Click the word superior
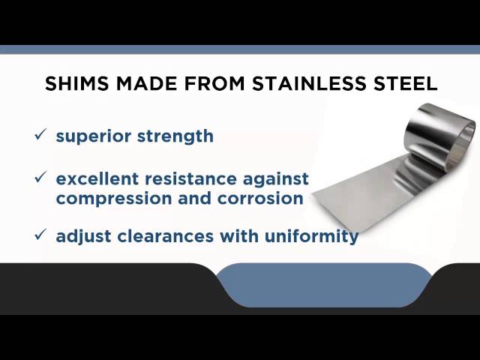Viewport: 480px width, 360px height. (x=92, y=136)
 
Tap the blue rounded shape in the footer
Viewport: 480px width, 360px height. (x=322, y=285)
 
